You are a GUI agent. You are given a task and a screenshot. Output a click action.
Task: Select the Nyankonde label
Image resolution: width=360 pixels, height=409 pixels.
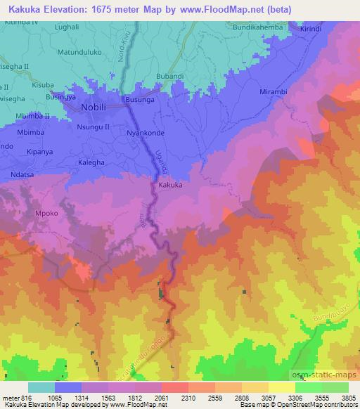144,131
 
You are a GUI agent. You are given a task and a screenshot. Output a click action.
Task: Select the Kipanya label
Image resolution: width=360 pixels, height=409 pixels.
41,151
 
